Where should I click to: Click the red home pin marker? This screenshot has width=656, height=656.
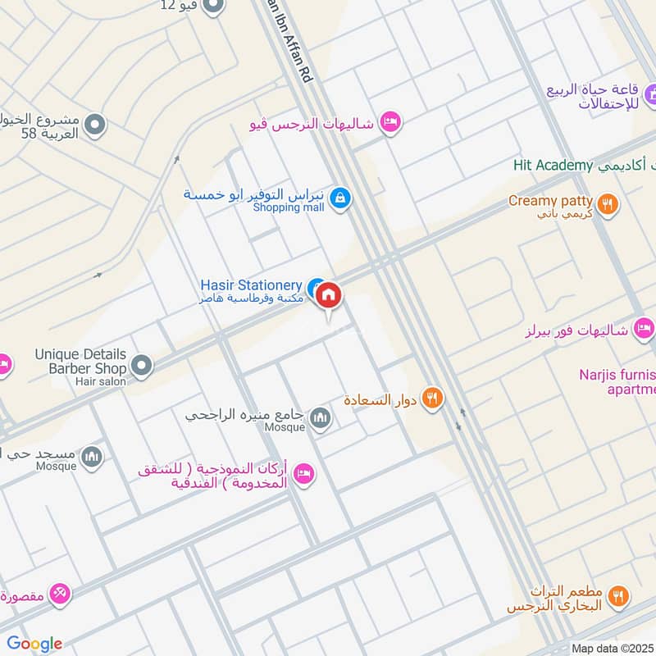pyautogui.click(x=329, y=294)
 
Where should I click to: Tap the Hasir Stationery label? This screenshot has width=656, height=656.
pyautogui.click(x=251, y=285)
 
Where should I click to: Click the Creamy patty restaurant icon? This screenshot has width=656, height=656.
pyautogui.click(x=608, y=204)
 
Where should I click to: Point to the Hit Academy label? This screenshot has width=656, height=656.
pyautogui.click(x=553, y=166)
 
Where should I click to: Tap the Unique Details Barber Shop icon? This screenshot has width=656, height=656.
pyautogui.click(x=142, y=365)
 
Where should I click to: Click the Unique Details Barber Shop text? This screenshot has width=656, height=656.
pyautogui.click(x=80, y=361)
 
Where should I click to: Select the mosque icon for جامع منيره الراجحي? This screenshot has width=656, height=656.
pyautogui.click(x=321, y=418)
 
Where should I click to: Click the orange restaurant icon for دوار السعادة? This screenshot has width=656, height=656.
pyautogui.click(x=434, y=399)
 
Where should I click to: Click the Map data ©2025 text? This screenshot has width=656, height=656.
pyautogui.click(x=612, y=648)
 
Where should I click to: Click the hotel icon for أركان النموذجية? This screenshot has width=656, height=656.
pyautogui.click(x=304, y=474)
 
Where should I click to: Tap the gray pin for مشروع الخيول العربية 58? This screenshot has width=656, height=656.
pyautogui.click(x=95, y=125)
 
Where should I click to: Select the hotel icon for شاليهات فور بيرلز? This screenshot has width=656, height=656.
pyautogui.click(x=645, y=329)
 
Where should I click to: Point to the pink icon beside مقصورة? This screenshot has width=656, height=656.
pyautogui.click(x=60, y=594)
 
